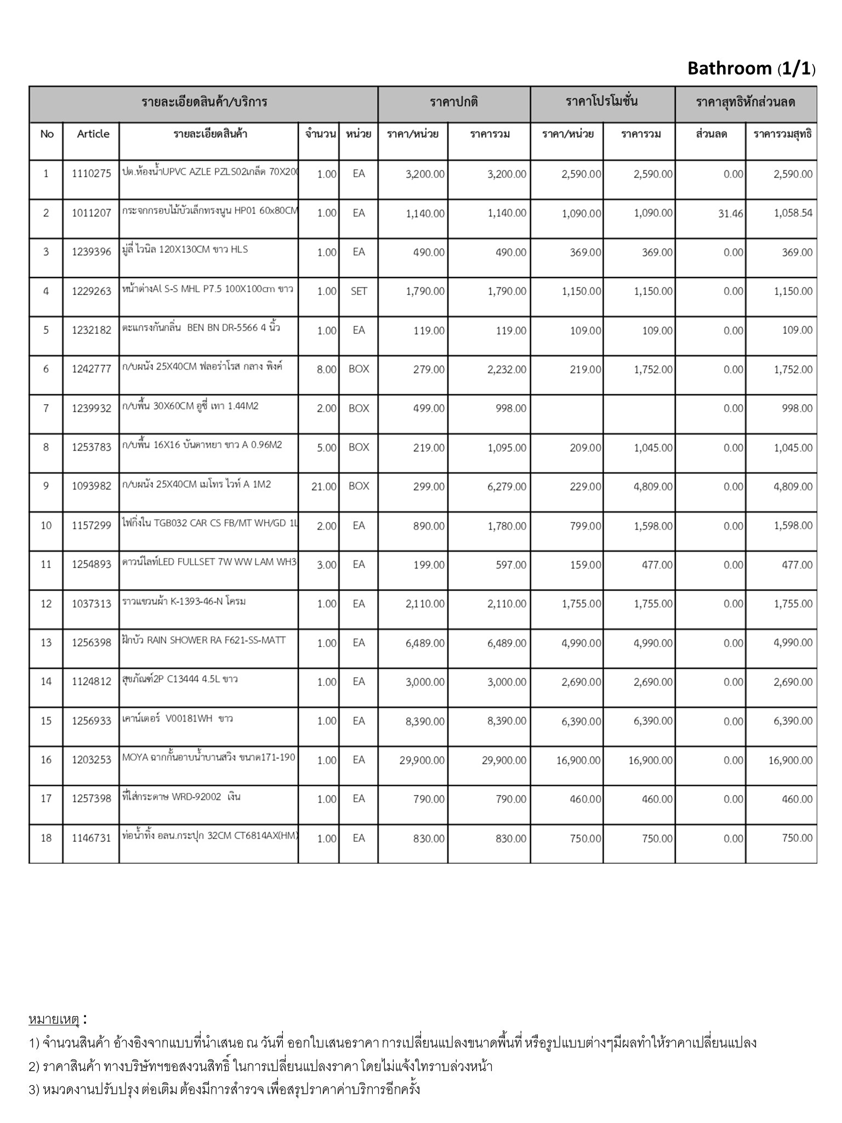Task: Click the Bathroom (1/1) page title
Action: [x=751, y=69]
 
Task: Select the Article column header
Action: [x=93, y=134]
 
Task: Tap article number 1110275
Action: [x=92, y=174]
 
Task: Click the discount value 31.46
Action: [x=730, y=214]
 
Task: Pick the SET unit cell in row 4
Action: [x=359, y=291]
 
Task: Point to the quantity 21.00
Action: [x=323, y=486]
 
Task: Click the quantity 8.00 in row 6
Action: [x=326, y=370]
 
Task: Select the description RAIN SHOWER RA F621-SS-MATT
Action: [x=204, y=640]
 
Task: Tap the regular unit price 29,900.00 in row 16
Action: [x=422, y=761]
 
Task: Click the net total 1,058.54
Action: [x=793, y=213]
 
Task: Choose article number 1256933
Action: [x=92, y=721]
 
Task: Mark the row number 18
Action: [x=46, y=838]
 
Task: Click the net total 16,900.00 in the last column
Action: [x=790, y=761]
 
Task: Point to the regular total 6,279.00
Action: [x=507, y=486]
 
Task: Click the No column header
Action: [x=47, y=134]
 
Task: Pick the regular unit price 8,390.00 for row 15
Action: [x=425, y=722]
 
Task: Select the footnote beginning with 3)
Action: [x=224, y=1089]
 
